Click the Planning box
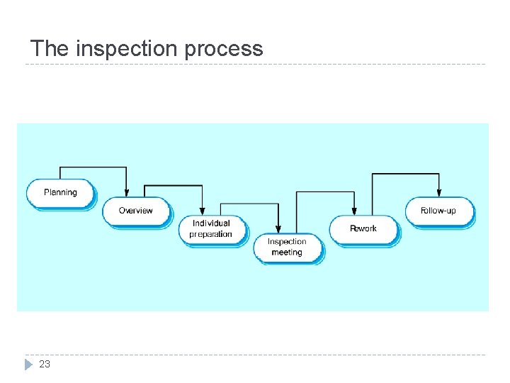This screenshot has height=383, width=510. [x=60, y=193]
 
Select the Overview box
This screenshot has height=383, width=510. [x=136, y=211]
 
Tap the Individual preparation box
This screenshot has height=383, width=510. [x=212, y=228]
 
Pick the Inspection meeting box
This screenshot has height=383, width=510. [x=287, y=247]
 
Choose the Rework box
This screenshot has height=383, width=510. [x=363, y=228]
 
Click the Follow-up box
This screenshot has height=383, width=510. [x=438, y=211]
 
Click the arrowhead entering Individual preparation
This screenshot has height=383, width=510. [x=202, y=211]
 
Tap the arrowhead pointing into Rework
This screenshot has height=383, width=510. [x=354, y=211]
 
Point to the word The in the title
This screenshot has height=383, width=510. [x=50, y=49]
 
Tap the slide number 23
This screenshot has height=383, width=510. [x=45, y=364]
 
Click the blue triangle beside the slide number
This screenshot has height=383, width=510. [x=28, y=365]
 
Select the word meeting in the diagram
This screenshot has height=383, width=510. [x=287, y=252]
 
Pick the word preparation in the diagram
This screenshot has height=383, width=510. [x=211, y=234]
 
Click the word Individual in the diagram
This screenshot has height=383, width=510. [x=211, y=223]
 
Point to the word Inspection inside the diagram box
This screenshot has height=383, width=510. [x=287, y=242]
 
